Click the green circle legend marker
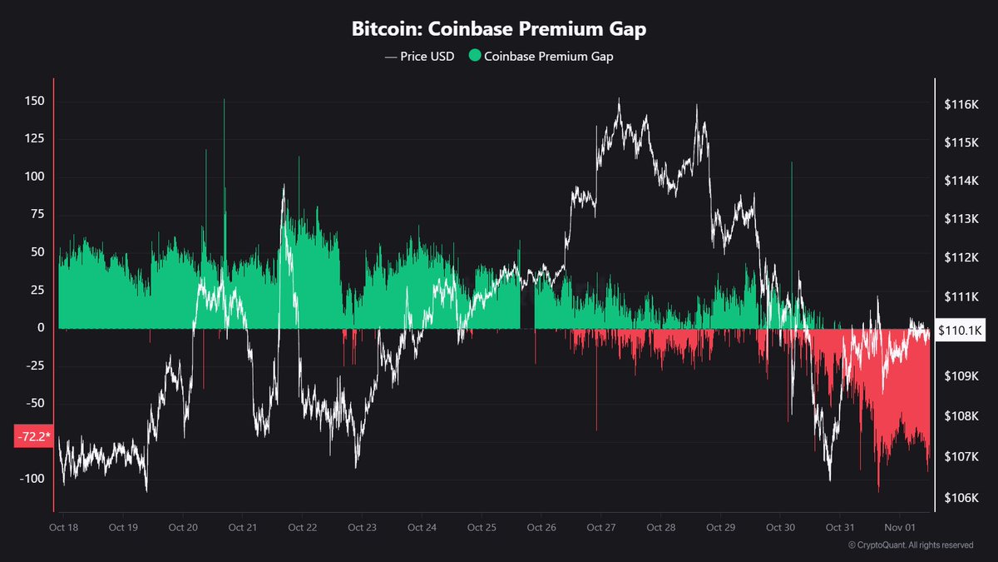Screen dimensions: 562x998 click(475, 56)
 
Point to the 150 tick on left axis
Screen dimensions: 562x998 click(33, 102)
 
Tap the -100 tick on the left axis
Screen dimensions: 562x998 click(31, 479)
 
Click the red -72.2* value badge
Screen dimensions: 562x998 click(33, 435)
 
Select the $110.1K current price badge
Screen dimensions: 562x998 click(961, 330)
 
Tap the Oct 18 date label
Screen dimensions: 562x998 click(63, 528)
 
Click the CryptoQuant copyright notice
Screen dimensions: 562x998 click(910, 545)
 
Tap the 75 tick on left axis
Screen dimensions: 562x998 click(37, 215)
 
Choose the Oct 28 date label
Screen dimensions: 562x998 click(660, 528)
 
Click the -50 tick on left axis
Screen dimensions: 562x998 click(33, 403)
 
